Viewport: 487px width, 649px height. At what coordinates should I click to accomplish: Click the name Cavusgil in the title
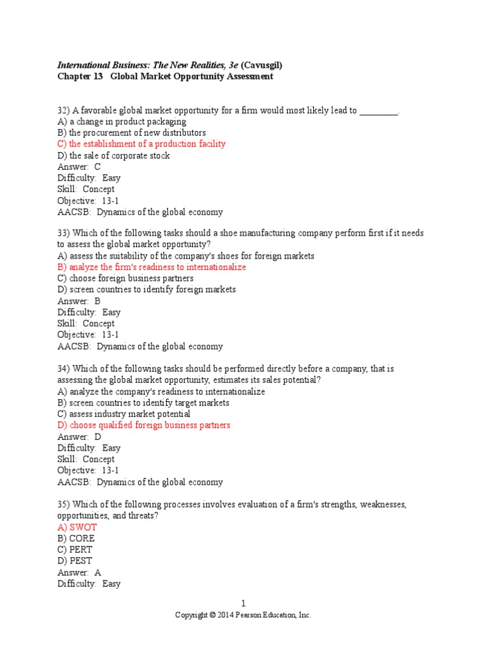coord(261,65)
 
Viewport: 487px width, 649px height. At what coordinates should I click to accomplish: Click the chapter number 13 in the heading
coord(97,77)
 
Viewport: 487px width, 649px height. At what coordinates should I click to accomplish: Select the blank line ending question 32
coord(379,110)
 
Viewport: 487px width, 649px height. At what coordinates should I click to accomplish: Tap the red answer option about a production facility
coord(141,144)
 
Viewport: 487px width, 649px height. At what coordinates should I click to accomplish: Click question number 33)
coord(65,233)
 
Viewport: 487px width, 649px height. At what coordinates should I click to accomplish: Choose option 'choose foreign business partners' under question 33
coord(125,278)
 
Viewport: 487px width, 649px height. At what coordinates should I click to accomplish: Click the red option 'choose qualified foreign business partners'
coord(143,425)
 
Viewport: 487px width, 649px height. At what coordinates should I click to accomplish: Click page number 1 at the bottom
coord(243,604)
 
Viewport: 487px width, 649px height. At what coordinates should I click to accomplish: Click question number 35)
coord(65,504)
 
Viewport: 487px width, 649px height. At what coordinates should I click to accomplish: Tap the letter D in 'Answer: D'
coord(98,437)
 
